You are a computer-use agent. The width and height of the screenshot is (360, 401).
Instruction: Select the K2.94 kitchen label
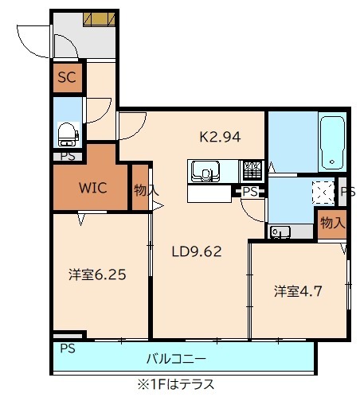coord(220,136)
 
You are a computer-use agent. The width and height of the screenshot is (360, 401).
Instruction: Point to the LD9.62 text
coord(197,252)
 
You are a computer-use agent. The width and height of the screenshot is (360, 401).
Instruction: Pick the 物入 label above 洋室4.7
coord(332,223)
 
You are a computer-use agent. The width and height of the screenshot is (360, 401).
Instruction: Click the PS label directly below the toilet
coord(68,156)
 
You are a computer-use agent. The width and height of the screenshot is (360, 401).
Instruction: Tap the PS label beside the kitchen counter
coord(250,192)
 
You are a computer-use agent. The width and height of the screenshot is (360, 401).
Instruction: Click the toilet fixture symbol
coord(67,132)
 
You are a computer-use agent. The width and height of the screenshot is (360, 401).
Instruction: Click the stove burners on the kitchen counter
coord(252,170)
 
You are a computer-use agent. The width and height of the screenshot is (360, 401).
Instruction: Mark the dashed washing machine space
coord(323,193)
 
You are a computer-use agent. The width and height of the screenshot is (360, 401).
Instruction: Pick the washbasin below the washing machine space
coord(280,232)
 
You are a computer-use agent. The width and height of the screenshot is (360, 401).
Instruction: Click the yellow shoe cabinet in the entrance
coord(100,19)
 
